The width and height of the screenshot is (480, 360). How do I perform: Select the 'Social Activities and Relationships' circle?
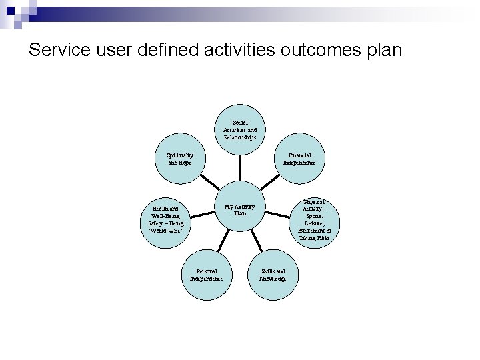(240, 130)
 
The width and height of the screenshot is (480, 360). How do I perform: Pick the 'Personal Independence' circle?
(207, 274)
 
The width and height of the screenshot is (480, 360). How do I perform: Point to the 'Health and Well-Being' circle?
(167, 220)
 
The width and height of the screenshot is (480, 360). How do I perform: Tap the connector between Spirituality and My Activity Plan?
(209, 181)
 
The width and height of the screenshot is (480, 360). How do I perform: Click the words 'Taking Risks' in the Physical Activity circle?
(314, 238)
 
